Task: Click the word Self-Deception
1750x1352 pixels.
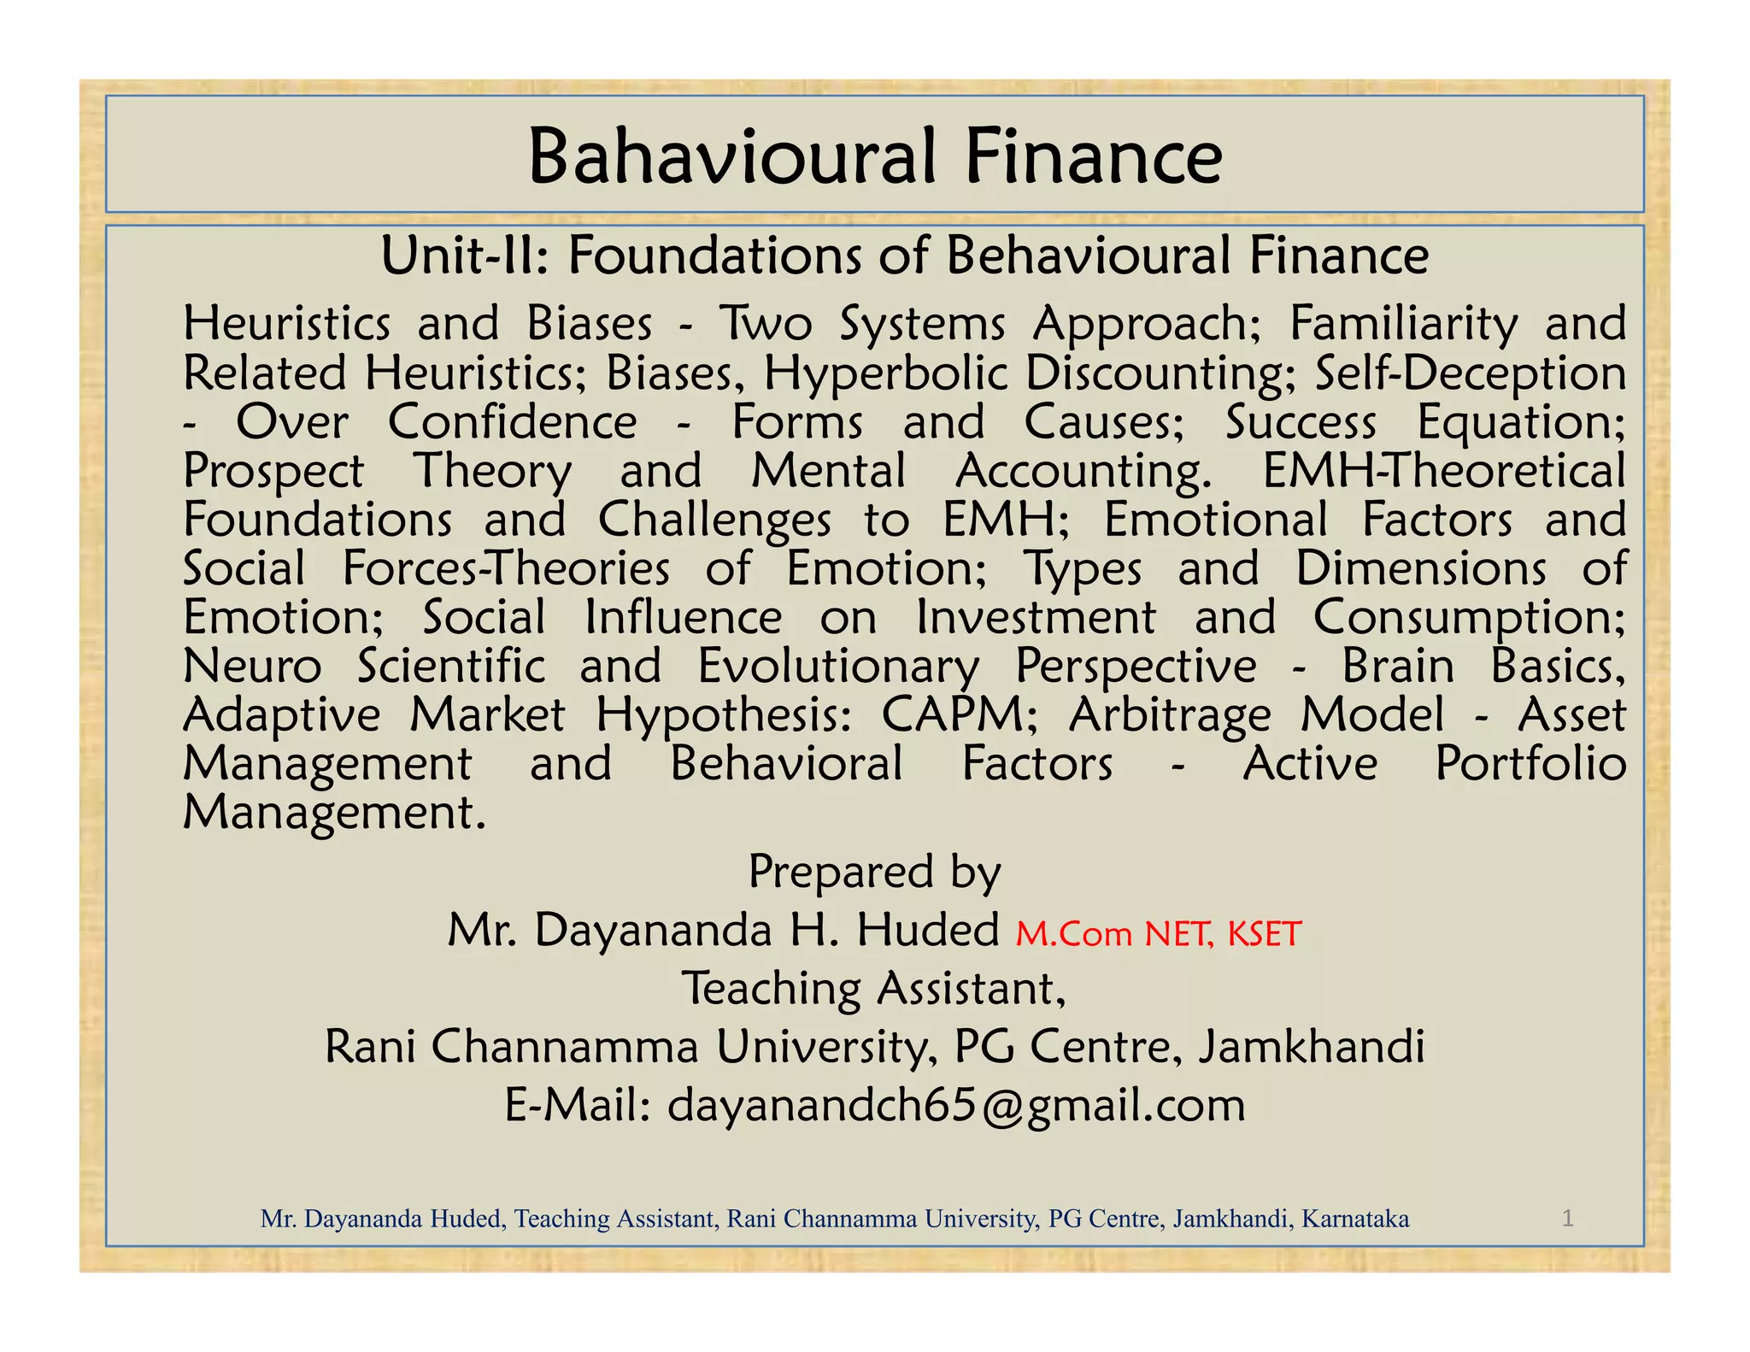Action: (1470, 373)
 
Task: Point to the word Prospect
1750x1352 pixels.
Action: (274, 471)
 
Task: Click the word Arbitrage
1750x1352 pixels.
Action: (1169, 716)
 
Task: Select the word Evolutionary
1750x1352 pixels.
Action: (838, 667)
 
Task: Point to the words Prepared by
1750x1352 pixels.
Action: (874, 873)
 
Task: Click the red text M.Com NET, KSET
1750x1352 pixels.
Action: (1158, 934)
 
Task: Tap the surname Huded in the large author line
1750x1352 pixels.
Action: (928, 930)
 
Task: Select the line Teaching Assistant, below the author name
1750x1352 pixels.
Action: (873, 989)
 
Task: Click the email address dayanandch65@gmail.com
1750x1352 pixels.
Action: (955, 1106)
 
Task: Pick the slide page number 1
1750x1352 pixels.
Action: (1567, 1218)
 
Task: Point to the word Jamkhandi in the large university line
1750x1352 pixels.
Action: (1311, 1047)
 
